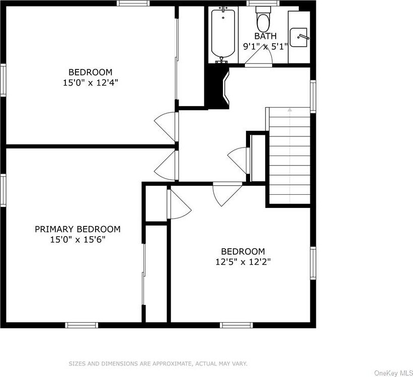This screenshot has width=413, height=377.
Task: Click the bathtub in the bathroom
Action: [223, 35]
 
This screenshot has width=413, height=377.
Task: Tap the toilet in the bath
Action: [264, 19]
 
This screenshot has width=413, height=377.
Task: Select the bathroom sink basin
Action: [299, 38]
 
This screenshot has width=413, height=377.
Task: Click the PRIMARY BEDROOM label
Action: [77, 229]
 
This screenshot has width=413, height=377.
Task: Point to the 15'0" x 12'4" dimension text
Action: [91, 83]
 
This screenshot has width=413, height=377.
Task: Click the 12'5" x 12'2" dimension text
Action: [243, 262]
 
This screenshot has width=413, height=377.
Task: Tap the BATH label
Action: [265, 36]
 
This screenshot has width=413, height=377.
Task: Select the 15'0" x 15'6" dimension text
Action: [77, 240]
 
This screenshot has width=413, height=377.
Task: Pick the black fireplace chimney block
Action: [217, 88]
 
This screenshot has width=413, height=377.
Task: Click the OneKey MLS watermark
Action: [393, 373]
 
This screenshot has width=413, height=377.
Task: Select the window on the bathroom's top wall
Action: [263, 3]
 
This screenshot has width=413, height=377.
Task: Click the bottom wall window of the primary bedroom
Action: [81, 325]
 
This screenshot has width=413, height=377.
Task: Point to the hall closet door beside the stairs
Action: [238, 160]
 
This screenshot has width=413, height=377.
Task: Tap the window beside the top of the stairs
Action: [313, 97]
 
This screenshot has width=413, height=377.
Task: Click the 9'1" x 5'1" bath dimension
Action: [265, 47]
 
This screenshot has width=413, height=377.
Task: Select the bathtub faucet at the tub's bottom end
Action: [222, 59]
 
